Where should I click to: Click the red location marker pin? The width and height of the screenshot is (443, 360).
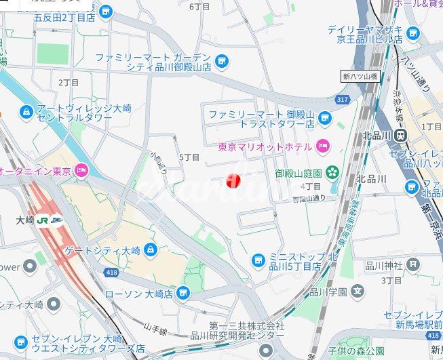coord(233,180)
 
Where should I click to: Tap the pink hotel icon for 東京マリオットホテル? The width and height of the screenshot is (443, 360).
coord(323,146)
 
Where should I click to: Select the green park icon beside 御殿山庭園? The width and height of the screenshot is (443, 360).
coord(332,172)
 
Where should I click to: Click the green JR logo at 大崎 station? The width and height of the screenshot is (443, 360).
coord(43,220)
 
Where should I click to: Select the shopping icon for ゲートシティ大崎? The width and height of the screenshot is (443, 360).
coord(150,250)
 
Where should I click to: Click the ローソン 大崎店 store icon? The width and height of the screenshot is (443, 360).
coord(182,294)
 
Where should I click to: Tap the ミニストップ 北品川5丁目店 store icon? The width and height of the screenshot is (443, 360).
coord(258,260)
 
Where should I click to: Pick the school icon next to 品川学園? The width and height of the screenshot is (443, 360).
coord(358,292)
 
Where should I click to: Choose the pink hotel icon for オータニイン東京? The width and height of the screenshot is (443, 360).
coord(81,170)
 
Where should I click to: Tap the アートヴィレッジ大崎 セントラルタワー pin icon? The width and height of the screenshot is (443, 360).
coord(26,111)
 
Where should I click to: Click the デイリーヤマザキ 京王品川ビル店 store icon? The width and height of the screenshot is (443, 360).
coord(413,33)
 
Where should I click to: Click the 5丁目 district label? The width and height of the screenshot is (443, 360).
coord(189,157)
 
